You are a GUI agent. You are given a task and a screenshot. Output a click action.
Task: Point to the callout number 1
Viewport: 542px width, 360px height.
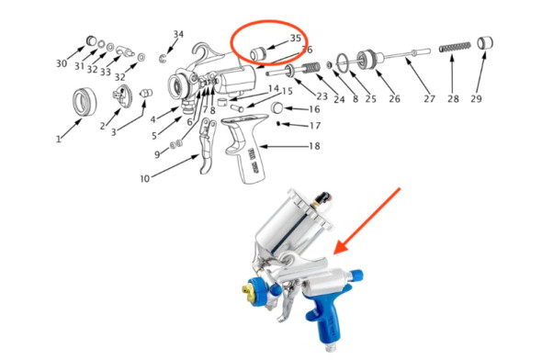(57, 140)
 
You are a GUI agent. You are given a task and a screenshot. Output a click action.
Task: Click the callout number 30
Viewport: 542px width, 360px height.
(62, 63)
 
